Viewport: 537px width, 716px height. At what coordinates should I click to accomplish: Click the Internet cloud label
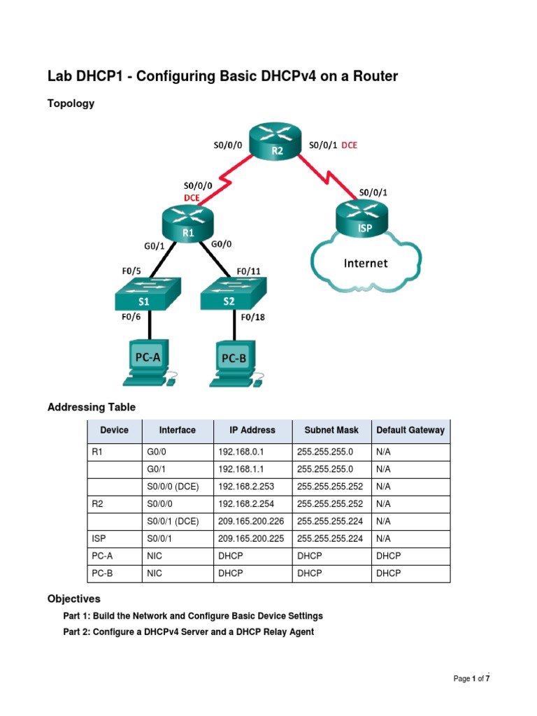365,263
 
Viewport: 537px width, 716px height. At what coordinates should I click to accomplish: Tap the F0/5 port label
132,271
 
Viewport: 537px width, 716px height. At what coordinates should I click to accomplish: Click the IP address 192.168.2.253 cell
245,487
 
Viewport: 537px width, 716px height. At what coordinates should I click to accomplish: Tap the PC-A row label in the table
103,556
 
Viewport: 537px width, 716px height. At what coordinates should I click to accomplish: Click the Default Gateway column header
410,430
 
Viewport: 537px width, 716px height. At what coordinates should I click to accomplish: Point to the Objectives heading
73,599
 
